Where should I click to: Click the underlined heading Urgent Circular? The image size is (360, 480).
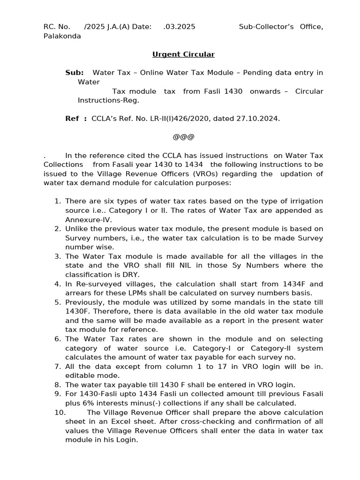point(183,54)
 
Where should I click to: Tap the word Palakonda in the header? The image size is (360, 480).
point(62,36)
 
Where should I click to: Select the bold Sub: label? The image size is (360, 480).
point(75,73)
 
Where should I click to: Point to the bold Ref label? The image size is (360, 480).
point(72,119)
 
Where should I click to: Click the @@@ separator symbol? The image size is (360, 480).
point(183,137)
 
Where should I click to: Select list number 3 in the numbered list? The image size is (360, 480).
point(58,256)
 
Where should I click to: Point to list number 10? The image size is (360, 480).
point(60,412)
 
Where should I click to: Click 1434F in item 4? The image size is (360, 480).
point(295,284)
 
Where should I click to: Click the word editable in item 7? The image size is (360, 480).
point(80,375)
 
